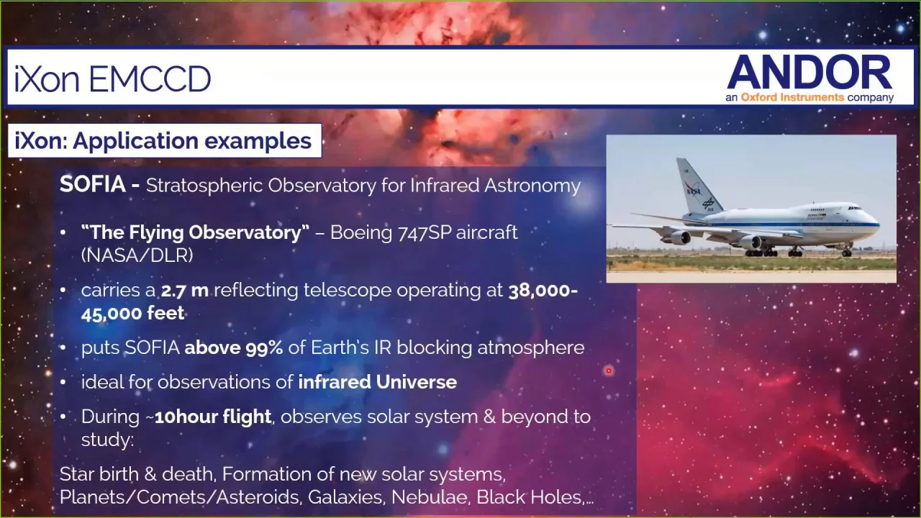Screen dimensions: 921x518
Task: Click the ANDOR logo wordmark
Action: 809,72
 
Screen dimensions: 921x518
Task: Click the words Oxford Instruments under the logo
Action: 792,97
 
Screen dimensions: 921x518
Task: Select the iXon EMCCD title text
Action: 113,79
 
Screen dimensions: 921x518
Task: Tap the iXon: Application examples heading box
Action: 165,140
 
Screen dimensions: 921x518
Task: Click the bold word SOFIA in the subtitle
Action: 93,183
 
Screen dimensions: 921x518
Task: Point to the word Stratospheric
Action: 204,186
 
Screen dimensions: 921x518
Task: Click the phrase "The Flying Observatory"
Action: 195,232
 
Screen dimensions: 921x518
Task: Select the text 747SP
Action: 425,232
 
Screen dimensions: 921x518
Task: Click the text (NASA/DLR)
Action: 137,255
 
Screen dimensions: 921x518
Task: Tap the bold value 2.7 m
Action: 185,290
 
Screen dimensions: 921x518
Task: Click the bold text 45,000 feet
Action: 132,314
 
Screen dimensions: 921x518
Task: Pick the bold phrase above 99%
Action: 234,347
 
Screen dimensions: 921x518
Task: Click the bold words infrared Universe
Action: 378,382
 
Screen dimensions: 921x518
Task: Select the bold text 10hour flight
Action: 212,417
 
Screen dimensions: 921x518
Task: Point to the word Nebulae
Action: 430,497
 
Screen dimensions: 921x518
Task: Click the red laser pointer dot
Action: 609,371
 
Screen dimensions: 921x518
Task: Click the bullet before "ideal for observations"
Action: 63,382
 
